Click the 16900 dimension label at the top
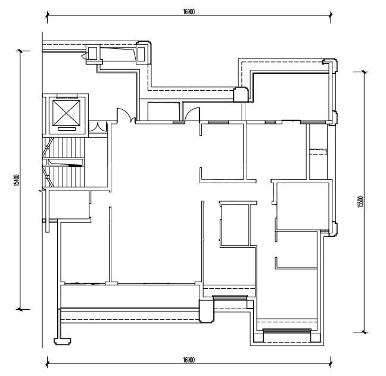[189, 12]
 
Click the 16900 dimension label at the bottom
[189, 360]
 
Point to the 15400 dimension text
[17, 180]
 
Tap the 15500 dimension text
[360, 202]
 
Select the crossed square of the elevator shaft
[67, 113]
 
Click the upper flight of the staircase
[67, 147]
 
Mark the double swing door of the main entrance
[126, 115]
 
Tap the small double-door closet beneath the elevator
[98, 127]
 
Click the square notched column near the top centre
[241, 94]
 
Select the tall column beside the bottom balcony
[206, 311]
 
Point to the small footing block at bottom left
[63, 341]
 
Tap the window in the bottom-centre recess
[230, 298]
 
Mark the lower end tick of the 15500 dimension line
[364, 332]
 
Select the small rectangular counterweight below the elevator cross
[67, 129]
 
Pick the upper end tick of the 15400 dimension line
[20, 51]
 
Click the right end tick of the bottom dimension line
[331, 363]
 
